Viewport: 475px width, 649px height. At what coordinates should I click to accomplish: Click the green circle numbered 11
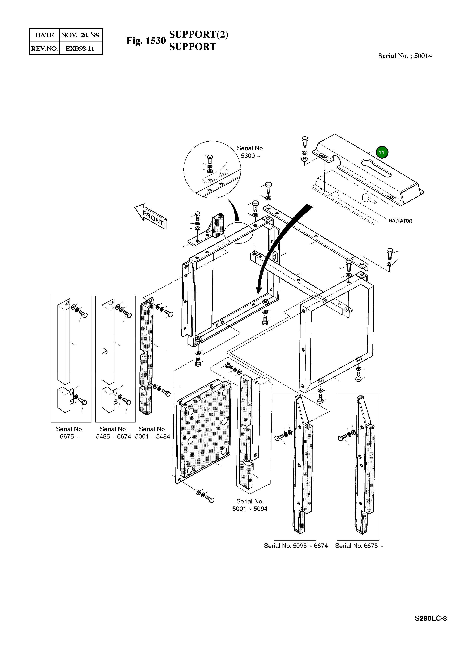382,152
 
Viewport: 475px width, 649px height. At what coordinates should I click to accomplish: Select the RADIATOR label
400,221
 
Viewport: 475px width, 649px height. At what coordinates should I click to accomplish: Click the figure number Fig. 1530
146,41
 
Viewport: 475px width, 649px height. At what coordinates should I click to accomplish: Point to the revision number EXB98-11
80,48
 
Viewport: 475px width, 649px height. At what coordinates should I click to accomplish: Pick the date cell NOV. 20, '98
80,35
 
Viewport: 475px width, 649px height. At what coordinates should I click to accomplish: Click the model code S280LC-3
431,618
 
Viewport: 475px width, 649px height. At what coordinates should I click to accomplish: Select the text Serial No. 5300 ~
250,152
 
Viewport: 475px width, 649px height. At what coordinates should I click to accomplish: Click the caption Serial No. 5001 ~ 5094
250,505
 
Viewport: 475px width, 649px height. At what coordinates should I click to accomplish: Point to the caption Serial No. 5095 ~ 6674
296,546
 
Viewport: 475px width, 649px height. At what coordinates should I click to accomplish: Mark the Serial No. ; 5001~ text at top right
405,56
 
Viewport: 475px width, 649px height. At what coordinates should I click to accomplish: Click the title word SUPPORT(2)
198,34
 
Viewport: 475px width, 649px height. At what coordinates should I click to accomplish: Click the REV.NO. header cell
44,48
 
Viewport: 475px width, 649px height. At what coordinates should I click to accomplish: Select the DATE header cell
44,35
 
